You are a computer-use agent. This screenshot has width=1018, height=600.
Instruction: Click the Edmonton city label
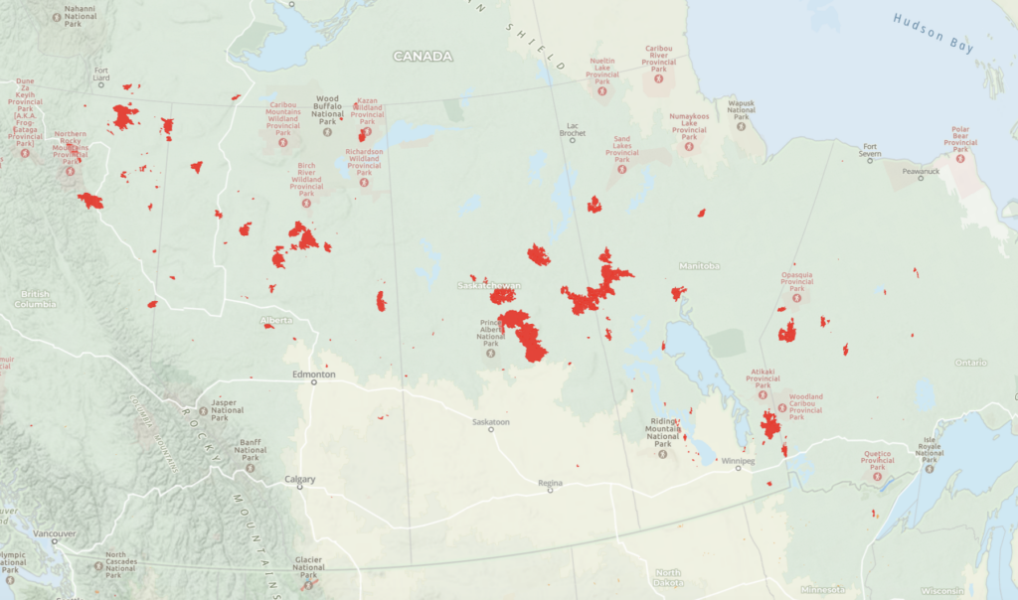point(314,375)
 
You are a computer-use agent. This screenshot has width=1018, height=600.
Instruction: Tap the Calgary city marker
point(299,488)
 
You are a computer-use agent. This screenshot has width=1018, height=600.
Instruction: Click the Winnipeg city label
point(738,461)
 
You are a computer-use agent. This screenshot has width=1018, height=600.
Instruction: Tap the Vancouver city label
point(54,533)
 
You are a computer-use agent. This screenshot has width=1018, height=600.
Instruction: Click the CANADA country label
point(423,57)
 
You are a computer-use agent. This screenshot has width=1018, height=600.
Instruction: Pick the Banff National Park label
point(250,446)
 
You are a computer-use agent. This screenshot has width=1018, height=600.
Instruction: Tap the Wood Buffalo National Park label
point(328,106)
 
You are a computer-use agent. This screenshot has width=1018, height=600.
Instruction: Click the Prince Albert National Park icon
point(490,352)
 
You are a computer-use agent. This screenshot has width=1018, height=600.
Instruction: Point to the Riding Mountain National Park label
point(663,430)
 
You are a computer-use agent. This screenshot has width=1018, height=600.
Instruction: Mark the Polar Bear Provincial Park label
point(960,136)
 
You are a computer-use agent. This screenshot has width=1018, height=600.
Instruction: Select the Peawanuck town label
point(921,171)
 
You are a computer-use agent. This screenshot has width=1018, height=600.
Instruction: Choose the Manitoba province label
point(699,266)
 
